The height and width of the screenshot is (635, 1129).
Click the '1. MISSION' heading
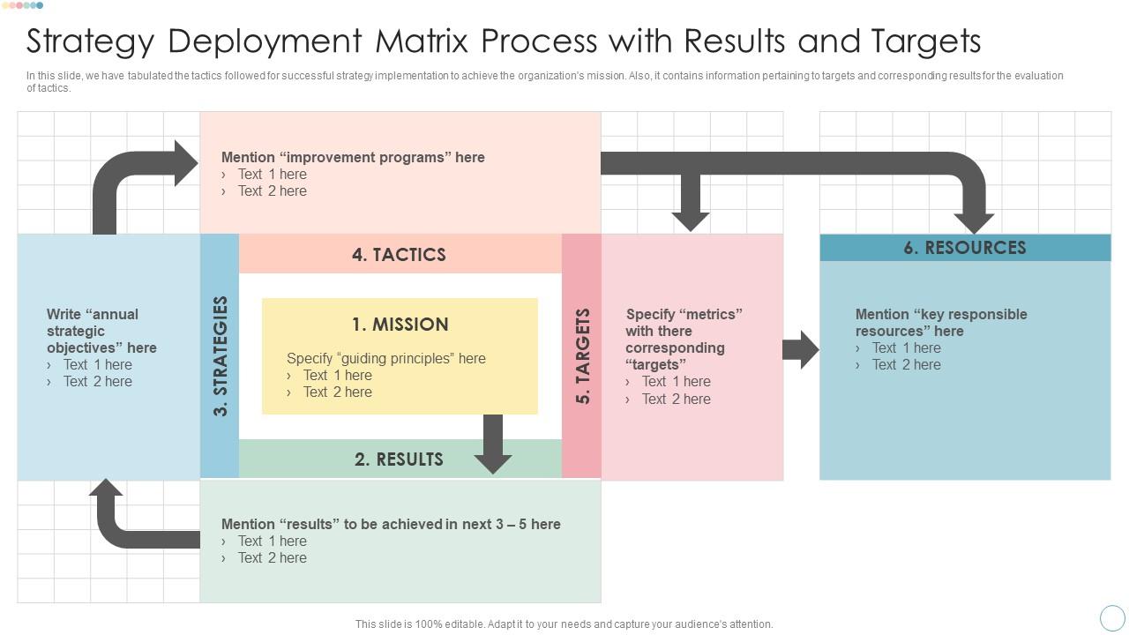click(400, 325)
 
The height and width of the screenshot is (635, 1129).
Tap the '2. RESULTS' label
click(399, 459)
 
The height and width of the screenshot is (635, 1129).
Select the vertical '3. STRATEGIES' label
click(221, 355)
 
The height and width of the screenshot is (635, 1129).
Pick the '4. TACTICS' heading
click(399, 255)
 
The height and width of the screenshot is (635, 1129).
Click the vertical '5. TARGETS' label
click(583, 355)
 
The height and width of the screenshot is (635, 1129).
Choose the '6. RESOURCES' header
click(965, 248)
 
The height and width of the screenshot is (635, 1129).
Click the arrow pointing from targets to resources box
click(801, 350)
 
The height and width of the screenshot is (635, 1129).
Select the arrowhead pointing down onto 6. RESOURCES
click(974, 221)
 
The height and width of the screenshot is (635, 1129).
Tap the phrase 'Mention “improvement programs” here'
click(353, 158)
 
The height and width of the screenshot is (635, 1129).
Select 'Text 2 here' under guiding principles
click(337, 392)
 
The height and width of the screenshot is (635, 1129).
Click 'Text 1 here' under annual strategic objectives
click(97, 365)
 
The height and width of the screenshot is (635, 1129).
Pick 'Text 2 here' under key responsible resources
click(906, 365)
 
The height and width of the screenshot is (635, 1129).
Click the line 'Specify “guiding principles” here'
click(386, 359)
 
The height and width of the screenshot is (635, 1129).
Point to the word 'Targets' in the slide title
click(926, 41)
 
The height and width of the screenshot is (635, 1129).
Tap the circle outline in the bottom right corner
click(1112, 618)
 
